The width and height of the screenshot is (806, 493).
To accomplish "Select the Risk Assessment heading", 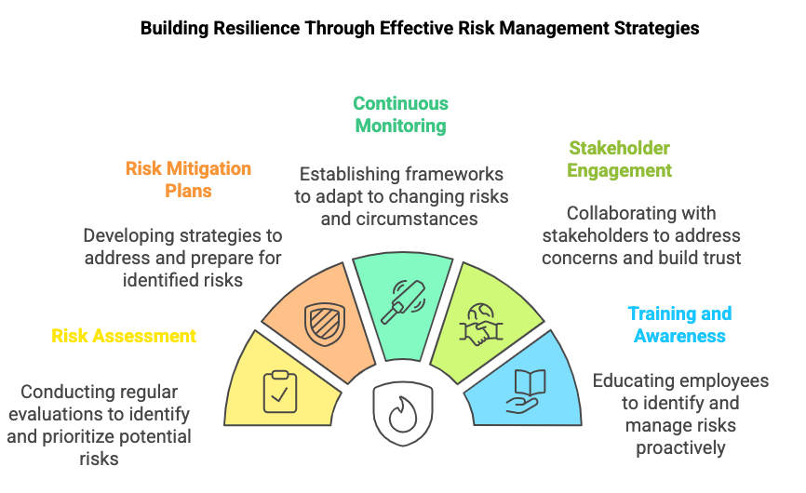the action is [x=124, y=336].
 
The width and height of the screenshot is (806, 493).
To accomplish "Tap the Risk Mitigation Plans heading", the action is [x=188, y=180].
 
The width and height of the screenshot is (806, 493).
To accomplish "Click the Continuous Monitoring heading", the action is [x=400, y=114].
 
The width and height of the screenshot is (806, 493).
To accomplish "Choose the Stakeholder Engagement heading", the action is [x=620, y=159].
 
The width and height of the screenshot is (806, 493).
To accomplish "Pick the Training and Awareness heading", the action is [x=679, y=325].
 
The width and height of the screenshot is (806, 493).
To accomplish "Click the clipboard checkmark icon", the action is [x=280, y=392].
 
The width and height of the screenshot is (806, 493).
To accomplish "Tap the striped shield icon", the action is [x=324, y=324].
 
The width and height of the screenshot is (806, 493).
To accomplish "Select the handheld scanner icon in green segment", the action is [x=403, y=302].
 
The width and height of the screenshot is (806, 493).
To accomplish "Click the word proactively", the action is [x=680, y=447].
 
